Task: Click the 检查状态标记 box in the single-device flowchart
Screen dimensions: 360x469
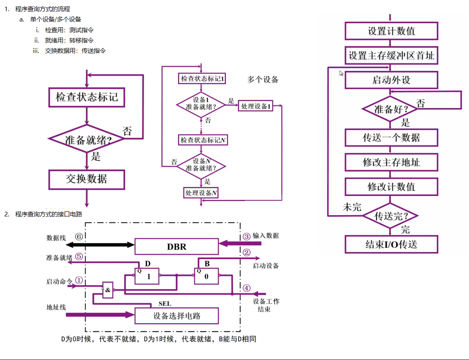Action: (x=86, y=97)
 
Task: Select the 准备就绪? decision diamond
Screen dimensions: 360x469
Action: (x=86, y=139)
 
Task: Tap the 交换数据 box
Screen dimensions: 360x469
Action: (x=86, y=179)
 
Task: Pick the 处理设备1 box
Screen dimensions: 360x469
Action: (x=256, y=106)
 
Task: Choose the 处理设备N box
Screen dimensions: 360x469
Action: (x=201, y=193)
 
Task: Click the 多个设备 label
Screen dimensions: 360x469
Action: (x=263, y=79)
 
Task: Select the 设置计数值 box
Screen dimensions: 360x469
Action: (x=391, y=31)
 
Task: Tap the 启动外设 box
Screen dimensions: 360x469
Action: (x=391, y=80)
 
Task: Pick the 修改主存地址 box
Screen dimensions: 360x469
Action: (x=391, y=162)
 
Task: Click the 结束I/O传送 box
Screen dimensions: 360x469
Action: (x=391, y=244)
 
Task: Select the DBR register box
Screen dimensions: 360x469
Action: (x=177, y=247)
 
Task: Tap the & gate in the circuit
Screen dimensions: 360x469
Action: (x=108, y=290)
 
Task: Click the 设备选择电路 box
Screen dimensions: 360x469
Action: (x=177, y=316)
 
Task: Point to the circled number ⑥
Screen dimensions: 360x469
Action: (x=79, y=236)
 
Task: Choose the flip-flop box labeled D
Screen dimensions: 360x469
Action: (x=147, y=276)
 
